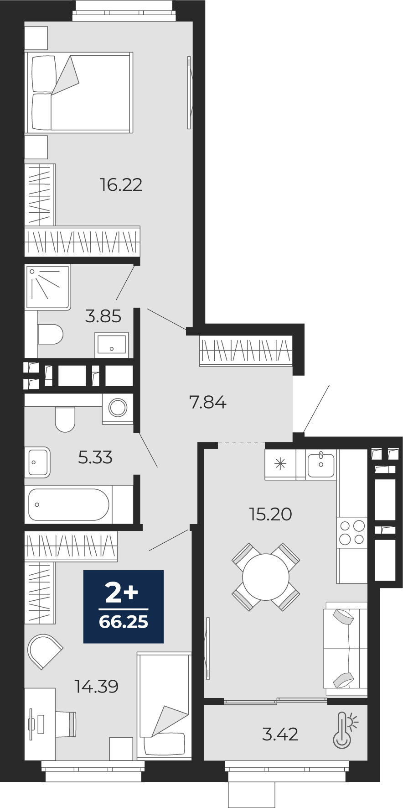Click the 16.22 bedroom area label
tap(121, 185)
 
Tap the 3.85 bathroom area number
tap(103, 316)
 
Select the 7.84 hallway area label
tap(207, 402)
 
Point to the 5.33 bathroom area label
tap(95, 457)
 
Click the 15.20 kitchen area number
tap(270, 514)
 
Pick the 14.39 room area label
tap(97, 686)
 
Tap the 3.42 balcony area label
tap(280, 734)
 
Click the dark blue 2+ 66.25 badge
tap(124, 607)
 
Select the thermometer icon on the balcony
tap(345, 730)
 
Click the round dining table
tap(266, 577)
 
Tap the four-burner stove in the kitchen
tap(352, 533)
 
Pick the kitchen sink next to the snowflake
tap(321, 464)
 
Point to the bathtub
tap(69, 504)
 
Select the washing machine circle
tap(118, 408)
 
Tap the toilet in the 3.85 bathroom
tap(50, 334)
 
